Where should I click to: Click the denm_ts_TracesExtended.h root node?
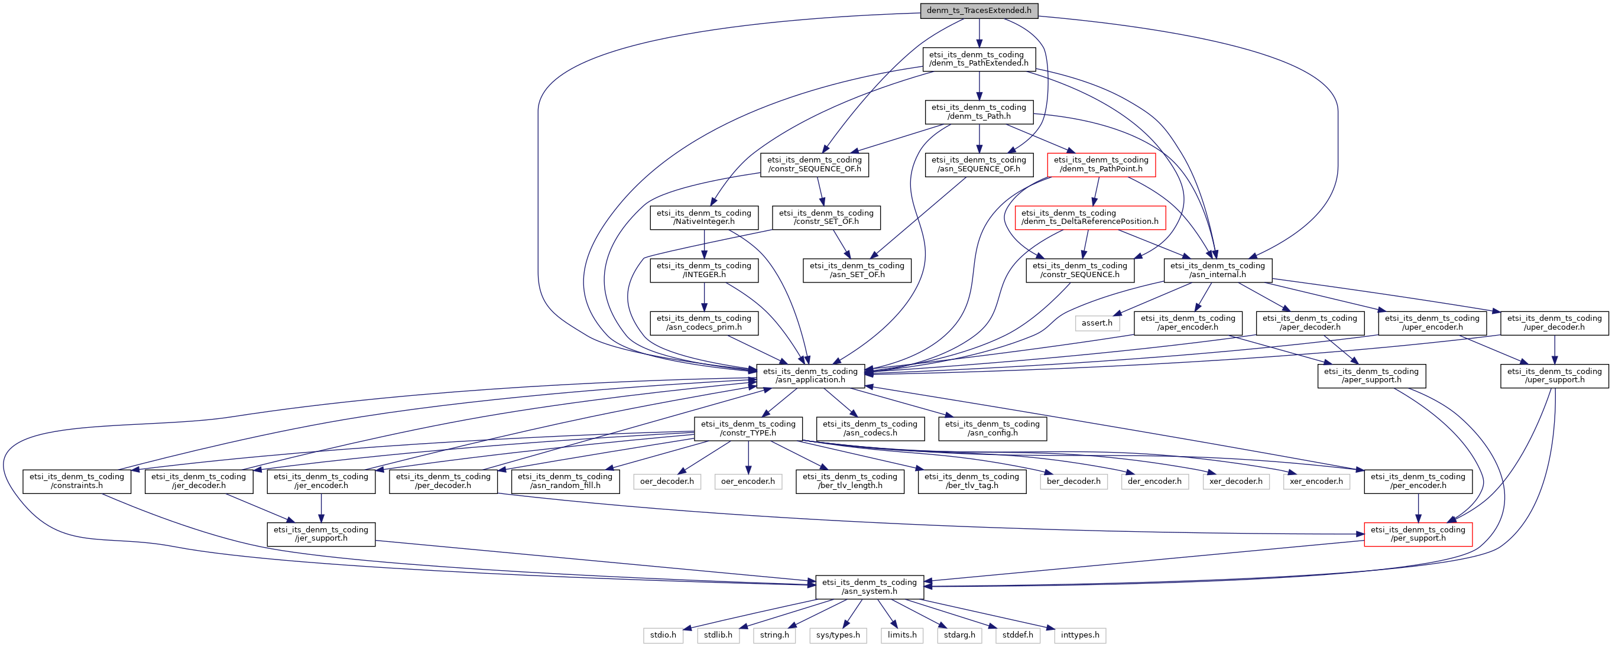pyautogui.click(x=979, y=11)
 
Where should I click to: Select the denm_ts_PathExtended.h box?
pyautogui.click(x=979, y=59)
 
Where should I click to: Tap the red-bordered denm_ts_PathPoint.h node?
pyautogui.click(x=1101, y=165)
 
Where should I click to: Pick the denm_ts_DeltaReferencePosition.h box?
pyautogui.click(x=1090, y=217)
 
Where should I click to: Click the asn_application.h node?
pyautogui.click(x=810, y=375)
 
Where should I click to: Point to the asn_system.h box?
pyautogui.click(x=869, y=586)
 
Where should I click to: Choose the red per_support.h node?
pyautogui.click(x=1418, y=534)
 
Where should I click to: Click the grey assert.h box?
pyautogui.click(x=1097, y=323)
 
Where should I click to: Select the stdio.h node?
pyautogui.click(x=663, y=635)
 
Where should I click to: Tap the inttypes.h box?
pyautogui.click(x=1080, y=635)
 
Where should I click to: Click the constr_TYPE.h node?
pyautogui.click(x=748, y=428)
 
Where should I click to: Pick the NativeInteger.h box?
pyautogui.click(x=704, y=217)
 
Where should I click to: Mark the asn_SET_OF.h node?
pyautogui.click(x=857, y=269)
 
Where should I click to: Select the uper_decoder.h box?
pyautogui.click(x=1555, y=323)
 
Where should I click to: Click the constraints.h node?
pyautogui.click(x=77, y=481)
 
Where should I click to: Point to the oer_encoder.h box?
pyautogui.click(x=748, y=481)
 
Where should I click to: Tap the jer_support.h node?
pyautogui.click(x=321, y=534)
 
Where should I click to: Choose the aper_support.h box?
pyautogui.click(x=1371, y=375)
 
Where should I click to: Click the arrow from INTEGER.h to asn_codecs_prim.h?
pyautogui.click(x=704, y=297)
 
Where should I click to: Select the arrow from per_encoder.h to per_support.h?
pyautogui.click(x=1418, y=508)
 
